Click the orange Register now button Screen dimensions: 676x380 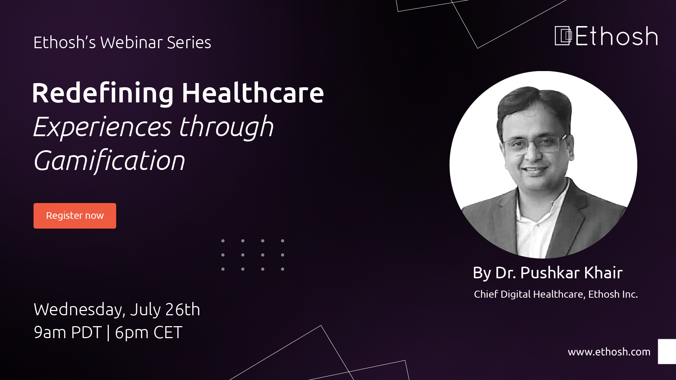pos(75,216)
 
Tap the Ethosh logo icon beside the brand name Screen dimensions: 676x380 pos(563,36)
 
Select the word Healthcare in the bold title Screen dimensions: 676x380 pos(252,93)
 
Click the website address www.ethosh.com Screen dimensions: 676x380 pos(609,351)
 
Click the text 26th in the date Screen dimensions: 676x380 pos(183,309)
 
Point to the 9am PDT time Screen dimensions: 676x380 pos(68,332)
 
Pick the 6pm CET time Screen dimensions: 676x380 pos(149,332)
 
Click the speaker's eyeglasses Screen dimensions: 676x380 pos(534,144)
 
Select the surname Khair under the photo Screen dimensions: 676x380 pos(603,273)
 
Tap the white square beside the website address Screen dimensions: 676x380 pos(667,351)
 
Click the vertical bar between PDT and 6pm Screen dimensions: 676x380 pos(108,333)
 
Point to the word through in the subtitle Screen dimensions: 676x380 pos(226,127)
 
